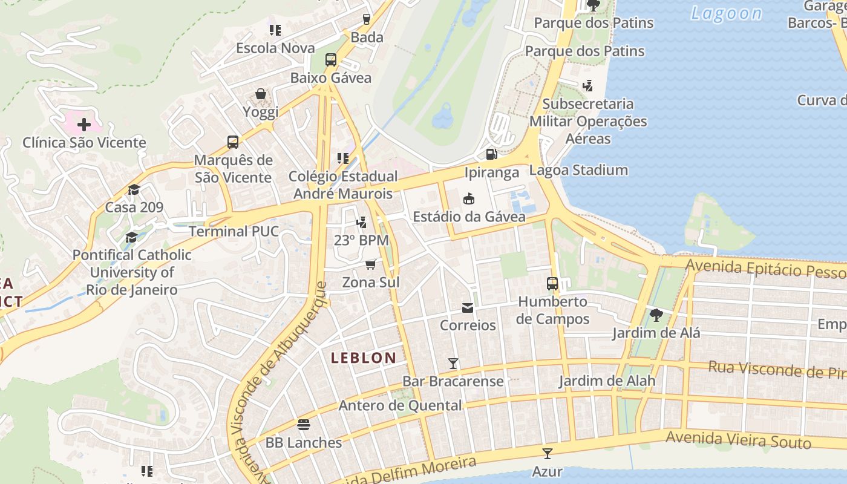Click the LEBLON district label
click(363, 358)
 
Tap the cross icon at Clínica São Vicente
click(84, 125)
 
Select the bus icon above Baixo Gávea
click(330, 60)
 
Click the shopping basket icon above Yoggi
click(261, 94)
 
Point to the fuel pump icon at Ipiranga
click(491, 154)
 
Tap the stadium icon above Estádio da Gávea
click(468, 198)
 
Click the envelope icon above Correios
click(468, 308)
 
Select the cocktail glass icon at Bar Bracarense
click(453, 363)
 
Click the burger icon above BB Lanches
click(304, 425)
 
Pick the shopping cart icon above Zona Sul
click(370, 265)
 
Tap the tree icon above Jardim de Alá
click(656, 315)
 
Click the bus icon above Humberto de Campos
click(552, 283)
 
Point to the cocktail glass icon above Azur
click(547, 453)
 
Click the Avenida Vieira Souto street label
click(738, 440)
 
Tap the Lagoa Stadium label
click(578, 170)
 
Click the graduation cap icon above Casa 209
click(134, 190)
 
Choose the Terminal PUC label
click(234, 231)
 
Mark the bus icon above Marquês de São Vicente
click(233, 142)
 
